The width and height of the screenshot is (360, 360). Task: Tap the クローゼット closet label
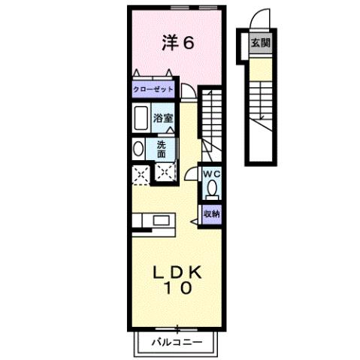click(153, 89)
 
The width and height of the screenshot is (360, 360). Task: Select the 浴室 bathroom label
click(163, 118)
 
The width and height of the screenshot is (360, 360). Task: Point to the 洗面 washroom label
click(162, 147)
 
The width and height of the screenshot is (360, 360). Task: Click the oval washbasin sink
click(138, 149)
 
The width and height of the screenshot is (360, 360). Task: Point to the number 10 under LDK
click(179, 288)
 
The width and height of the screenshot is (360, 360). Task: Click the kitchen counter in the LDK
click(153, 221)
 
